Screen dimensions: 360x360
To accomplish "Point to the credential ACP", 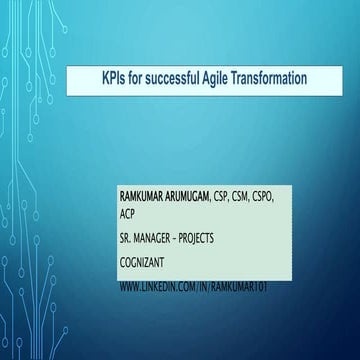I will (x=127, y=214).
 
